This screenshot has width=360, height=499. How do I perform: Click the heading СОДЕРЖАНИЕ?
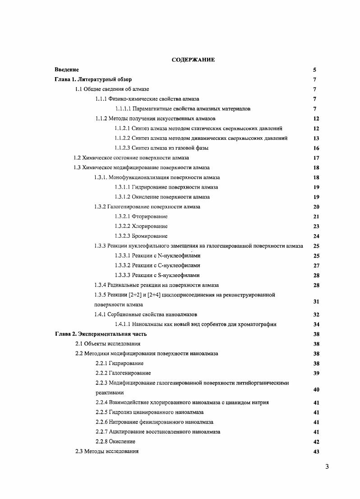click(x=193, y=60)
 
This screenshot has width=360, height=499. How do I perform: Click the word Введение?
click(x=67, y=69)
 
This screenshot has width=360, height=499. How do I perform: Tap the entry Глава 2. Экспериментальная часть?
click(x=101, y=334)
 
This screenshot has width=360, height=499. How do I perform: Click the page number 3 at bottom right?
click(x=327, y=467)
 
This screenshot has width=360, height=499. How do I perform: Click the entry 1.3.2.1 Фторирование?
click(x=141, y=217)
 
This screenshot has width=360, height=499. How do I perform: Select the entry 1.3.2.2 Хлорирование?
click(x=141, y=226)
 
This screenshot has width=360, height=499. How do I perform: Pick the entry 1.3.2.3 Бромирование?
click(x=141, y=236)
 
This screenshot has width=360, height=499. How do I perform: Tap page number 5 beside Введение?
click(x=314, y=70)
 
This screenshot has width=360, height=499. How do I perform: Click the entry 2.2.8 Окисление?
click(x=115, y=441)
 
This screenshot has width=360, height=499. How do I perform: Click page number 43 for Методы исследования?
click(x=316, y=452)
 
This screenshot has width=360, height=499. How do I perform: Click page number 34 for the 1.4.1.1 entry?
click(x=316, y=324)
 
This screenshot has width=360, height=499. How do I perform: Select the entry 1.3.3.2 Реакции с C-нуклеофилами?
click(x=157, y=265)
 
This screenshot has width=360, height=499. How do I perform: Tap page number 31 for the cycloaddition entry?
click(x=316, y=301)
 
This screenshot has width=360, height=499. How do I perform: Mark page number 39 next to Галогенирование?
click(x=316, y=373)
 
